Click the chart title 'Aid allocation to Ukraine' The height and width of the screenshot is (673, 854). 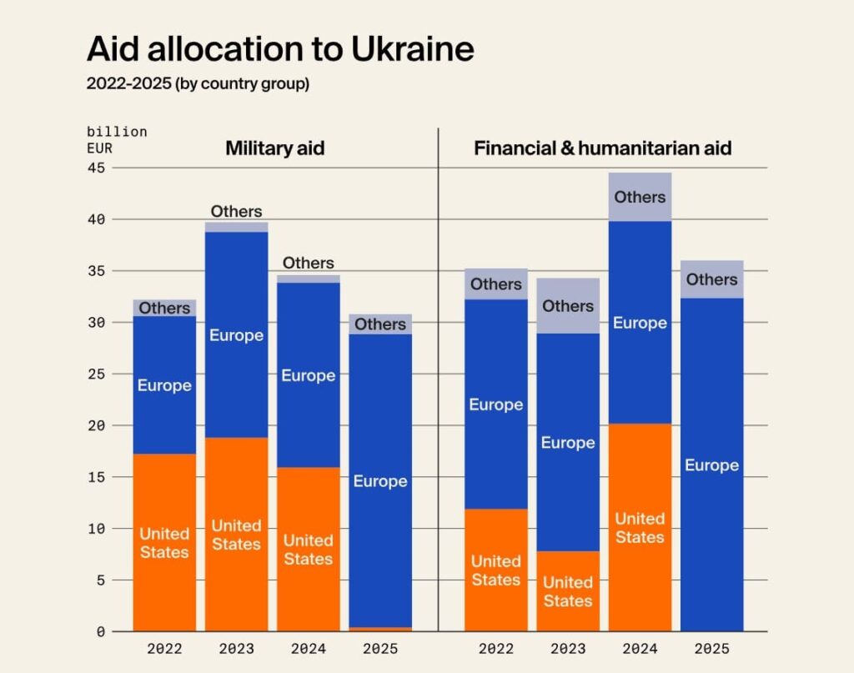(280, 50)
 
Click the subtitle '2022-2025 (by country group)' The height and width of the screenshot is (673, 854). (198, 84)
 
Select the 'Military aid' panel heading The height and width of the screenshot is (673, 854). (274, 148)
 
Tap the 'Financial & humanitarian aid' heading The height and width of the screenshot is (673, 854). (602, 148)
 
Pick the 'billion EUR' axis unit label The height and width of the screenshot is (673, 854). (117, 140)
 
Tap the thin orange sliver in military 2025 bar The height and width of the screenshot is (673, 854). (380, 629)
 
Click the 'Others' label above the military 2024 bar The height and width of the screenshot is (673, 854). (309, 263)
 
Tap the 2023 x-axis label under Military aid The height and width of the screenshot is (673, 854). (237, 649)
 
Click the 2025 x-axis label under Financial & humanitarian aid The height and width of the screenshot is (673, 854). (711, 649)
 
